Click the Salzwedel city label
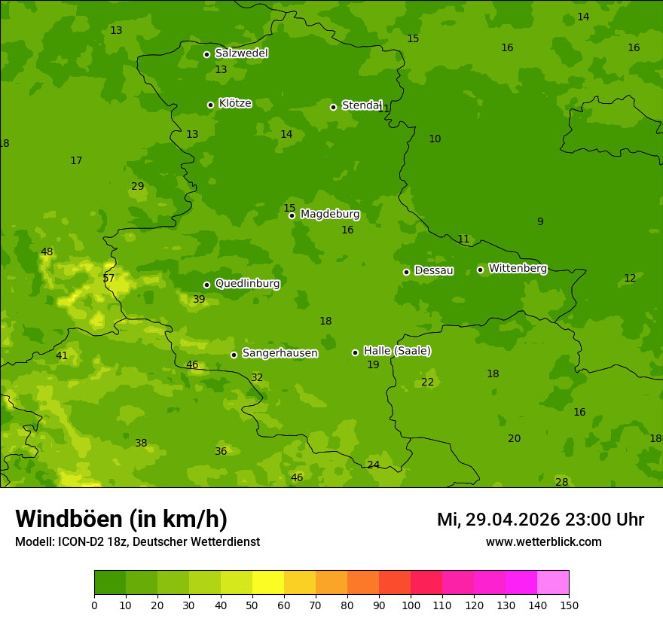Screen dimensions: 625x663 tap(241, 53)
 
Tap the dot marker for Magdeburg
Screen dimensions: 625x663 tap(292, 215)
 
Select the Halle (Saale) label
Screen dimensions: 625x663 tap(397, 351)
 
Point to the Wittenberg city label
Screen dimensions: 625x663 tap(518, 268)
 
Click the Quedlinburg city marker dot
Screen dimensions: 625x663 tap(207, 285)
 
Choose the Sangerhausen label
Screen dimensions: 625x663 tap(280, 353)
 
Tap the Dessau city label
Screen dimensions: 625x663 tap(434, 270)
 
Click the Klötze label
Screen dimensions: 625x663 tap(235, 103)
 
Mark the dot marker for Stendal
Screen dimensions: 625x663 tap(334, 107)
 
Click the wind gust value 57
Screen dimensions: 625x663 tap(108, 279)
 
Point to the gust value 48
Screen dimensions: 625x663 tap(47, 252)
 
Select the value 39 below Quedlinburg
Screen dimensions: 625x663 tap(199, 300)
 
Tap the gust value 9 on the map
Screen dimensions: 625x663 tap(540, 222)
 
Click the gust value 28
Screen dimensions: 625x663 tap(562, 483)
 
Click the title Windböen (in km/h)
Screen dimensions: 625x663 tap(121, 519)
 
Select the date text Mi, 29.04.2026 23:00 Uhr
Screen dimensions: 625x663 tap(540, 520)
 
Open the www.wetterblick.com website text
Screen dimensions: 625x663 tap(543, 542)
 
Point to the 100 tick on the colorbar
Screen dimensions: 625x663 tap(411, 605)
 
